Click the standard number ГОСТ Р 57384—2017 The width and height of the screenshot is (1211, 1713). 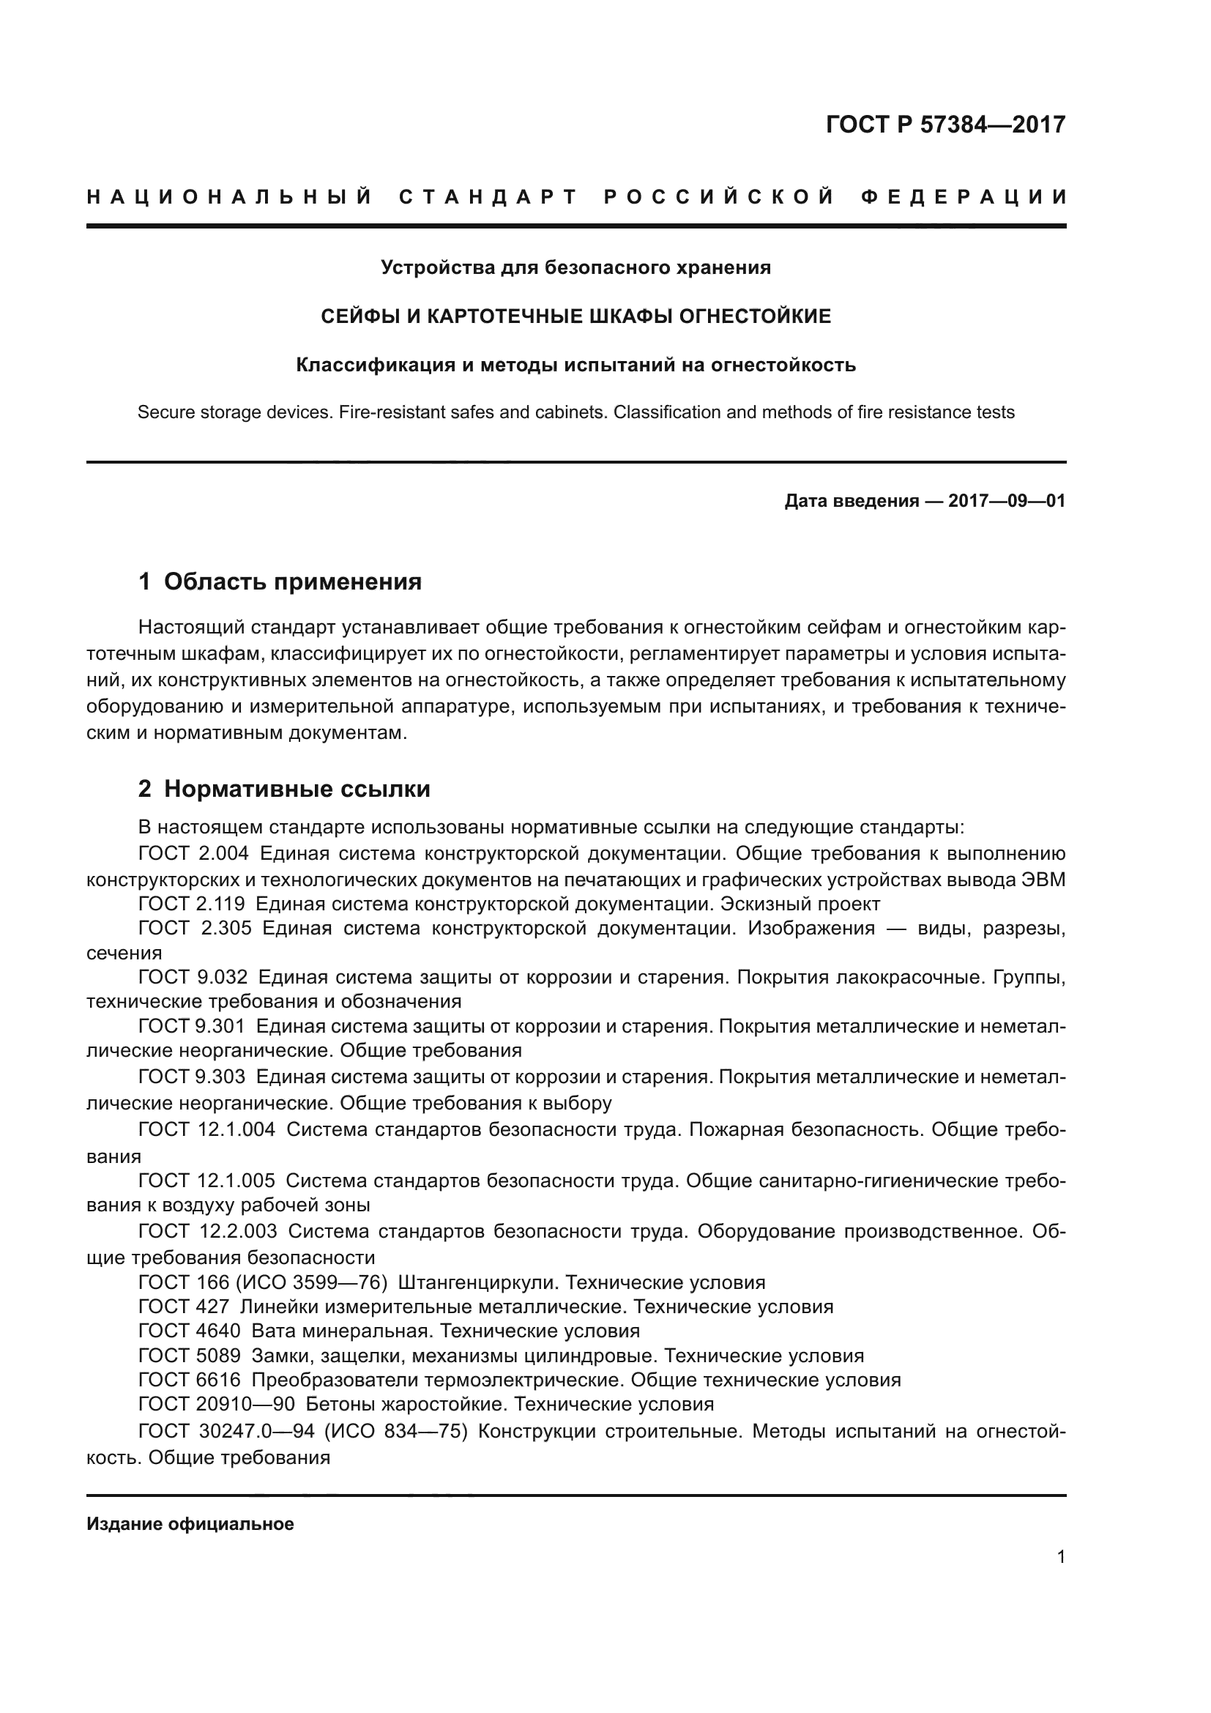pos(945,125)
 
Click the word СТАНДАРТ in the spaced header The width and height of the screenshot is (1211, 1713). pos(488,198)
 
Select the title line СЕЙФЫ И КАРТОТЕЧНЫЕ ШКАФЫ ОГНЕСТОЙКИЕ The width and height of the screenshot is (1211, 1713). pos(575,316)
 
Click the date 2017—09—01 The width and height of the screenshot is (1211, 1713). pos(1007,501)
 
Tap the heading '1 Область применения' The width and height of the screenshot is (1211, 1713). pos(280,581)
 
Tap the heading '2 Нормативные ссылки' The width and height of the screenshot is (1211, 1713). pos(284,789)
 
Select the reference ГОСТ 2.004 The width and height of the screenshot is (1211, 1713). pos(193,853)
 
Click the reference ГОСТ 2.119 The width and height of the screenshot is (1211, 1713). pos(192,904)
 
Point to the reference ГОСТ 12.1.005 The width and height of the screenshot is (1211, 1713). pos(206,1181)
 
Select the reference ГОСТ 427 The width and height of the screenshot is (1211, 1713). pos(184,1307)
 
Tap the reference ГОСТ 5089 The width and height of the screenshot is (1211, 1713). pos(190,1356)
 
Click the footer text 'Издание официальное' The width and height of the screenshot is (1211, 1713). pos(190,1524)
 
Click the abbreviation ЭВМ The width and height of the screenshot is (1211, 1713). pos(1043,880)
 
